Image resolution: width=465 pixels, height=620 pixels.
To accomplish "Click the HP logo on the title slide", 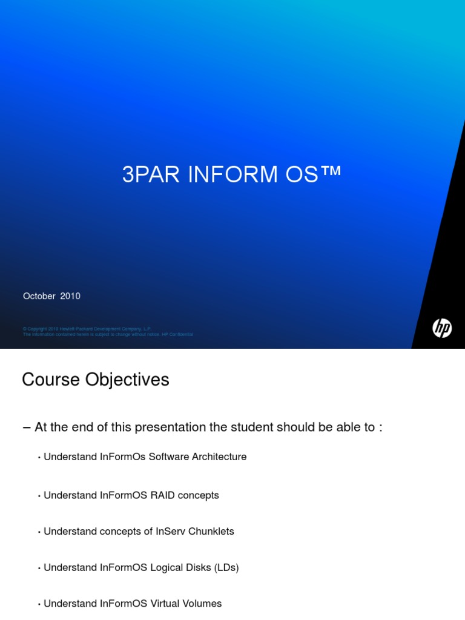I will click(x=442, y=329).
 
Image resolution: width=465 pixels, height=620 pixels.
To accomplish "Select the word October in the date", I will click(x=39, y=296).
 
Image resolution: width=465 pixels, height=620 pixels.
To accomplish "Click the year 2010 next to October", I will click(x=70, y=296).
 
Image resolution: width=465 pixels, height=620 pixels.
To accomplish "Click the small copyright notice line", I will click(x=87, y=329).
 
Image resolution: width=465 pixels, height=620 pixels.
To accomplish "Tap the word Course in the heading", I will click(x=50, y=380).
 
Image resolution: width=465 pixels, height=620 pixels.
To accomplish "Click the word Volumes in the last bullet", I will click(x=201, y=604).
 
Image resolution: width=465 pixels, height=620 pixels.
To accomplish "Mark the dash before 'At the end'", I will click(x=26, y=427).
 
